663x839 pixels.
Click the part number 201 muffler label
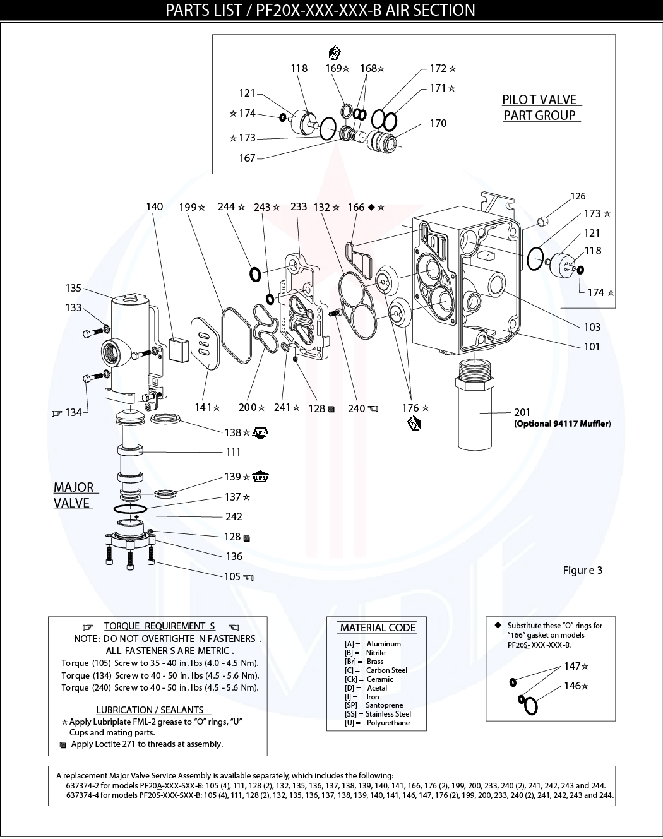[x=522, y=412]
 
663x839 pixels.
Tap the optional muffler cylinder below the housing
[x=474, y=410]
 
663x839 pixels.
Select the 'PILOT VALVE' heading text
[x=539, y=100]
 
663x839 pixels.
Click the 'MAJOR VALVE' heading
[x=73, y=496]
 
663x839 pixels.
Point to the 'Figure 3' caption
[x=582, y=570]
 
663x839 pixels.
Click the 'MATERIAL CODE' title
[x=378, y=628]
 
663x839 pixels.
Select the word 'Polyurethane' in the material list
[x=388, y=723]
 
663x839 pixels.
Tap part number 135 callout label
[x=73, y=288]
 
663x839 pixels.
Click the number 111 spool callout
[x=233, y=452]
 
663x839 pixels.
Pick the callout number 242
[x=234, y=516]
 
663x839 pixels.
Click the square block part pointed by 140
[x=179, y=349]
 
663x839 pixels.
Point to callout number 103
[x=592, y=327]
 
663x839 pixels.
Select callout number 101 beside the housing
[x=592, y=347]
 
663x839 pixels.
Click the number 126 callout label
[x=578, y=196]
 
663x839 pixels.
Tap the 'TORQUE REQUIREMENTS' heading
[x=160, y=626]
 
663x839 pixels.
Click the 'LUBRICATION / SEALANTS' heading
[x=150, y=710]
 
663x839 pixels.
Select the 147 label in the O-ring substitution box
[x=573, y=666]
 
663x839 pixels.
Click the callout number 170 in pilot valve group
[x=438, y=123]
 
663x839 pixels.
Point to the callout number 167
[x=247, y=158]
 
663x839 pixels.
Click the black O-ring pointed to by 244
[x=255, y=274]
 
